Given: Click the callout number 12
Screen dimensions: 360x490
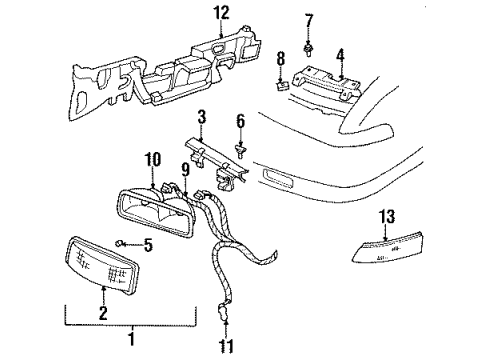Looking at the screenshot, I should click(x=220, y=13).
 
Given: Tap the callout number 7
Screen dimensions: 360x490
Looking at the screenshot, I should click(x=309, y=20).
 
